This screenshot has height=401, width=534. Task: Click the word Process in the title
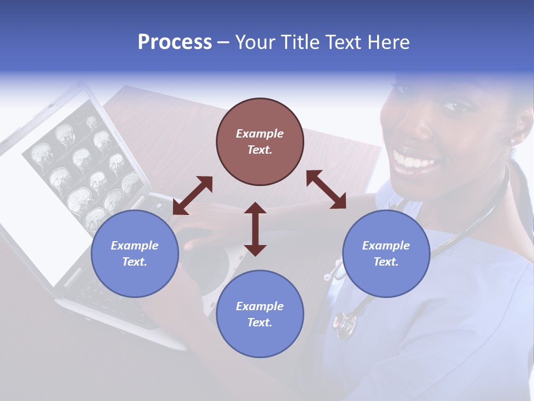175,42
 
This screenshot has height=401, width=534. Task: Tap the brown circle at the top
260,141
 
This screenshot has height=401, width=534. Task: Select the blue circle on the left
135,253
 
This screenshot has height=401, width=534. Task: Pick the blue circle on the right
386,253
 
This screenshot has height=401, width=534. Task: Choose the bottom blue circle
260,314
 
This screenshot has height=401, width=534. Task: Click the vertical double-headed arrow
255,229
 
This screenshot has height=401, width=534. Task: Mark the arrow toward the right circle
326,189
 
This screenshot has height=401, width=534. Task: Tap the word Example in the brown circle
260,134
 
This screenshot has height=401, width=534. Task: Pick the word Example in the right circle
386,246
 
